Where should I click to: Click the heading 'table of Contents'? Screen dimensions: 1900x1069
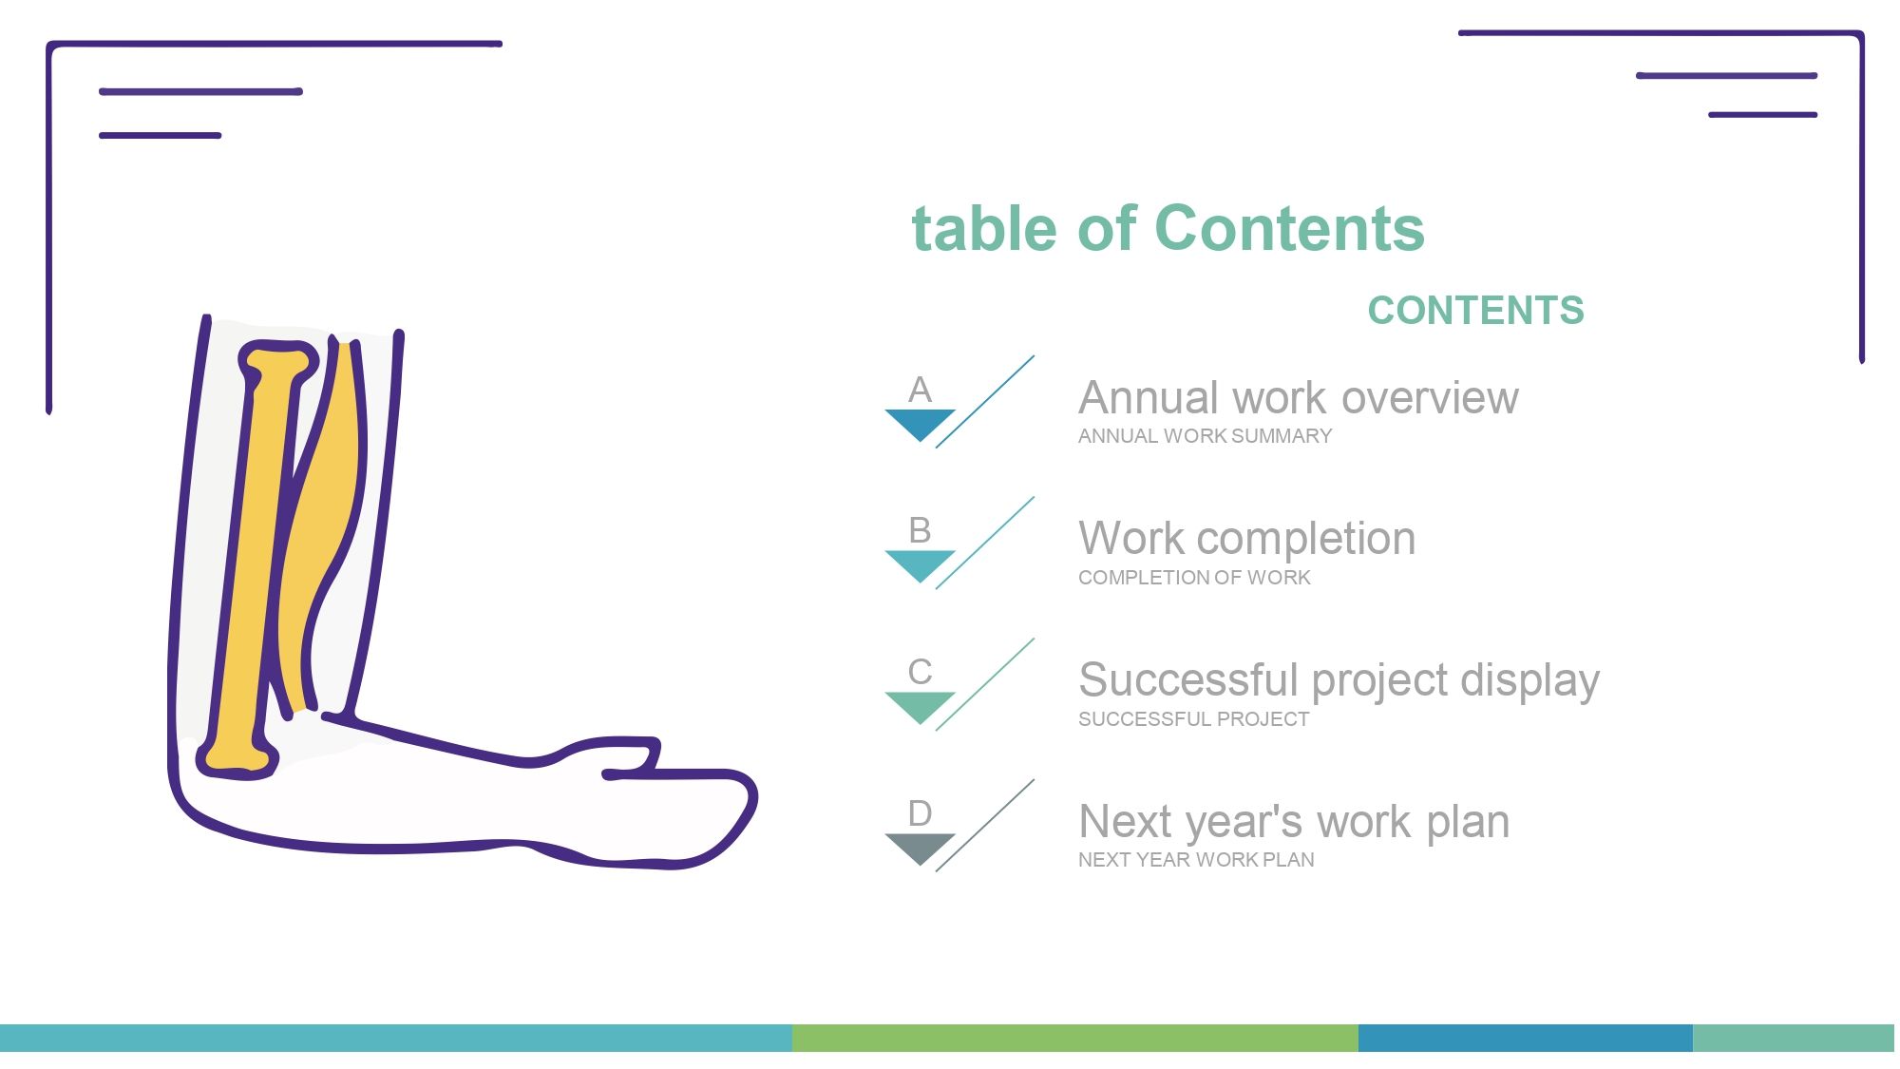(x=1168, y=228)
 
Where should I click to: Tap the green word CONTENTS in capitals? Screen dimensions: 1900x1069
(x=1476, y=311)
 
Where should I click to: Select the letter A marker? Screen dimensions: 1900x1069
(x=920, y=390)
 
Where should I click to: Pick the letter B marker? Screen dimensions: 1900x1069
(x=920, y=530)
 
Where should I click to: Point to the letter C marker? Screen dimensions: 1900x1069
(x=920, y=672)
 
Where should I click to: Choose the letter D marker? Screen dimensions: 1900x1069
(x=920, y=813)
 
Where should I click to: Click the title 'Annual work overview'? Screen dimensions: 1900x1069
(x=1299, y=398)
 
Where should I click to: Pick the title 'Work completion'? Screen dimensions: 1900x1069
(x=1247, y=539)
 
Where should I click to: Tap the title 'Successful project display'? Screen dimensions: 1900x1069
(x=1339, y=680)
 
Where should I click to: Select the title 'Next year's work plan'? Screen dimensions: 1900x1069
(x=1294, y=822)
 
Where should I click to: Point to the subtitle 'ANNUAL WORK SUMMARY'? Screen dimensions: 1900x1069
(x=1205, y=436)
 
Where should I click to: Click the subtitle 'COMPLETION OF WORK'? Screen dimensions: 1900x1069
(x=1194, y=578)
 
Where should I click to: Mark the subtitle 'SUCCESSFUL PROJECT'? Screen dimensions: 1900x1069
(x=1193, y=719)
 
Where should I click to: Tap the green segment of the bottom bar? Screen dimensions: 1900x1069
(x=1075, y=1038)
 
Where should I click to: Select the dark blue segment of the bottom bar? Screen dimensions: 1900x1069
(x=1526, y=1038)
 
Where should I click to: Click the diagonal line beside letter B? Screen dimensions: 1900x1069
(x=985, y=543)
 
